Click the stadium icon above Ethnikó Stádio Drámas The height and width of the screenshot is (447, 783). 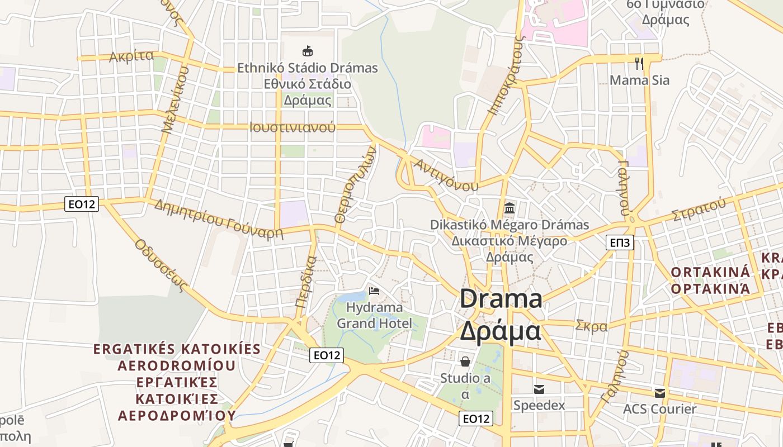(307, 51)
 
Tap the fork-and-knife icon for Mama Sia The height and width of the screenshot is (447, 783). (639, 63)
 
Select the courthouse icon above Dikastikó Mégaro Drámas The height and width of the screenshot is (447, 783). (509, 208)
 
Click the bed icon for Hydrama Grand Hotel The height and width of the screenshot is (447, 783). (374, 291)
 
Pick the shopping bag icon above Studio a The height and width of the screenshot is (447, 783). (465, 362)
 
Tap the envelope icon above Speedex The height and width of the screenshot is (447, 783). (539, 389)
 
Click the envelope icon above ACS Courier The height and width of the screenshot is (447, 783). (660, 393)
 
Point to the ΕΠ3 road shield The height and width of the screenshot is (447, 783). (620, 242)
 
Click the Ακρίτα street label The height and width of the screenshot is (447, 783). (131, 56)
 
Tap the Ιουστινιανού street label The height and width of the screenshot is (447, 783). (293, 127)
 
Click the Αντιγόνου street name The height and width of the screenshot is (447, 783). (446, 175)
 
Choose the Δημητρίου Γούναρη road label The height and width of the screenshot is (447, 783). (219, 218)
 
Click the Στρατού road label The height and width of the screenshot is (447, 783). (699, 209)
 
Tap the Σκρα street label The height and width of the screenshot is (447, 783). (591, 326)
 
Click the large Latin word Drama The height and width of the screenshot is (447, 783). (501, 299)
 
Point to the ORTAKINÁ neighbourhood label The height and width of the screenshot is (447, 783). (710, 273)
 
